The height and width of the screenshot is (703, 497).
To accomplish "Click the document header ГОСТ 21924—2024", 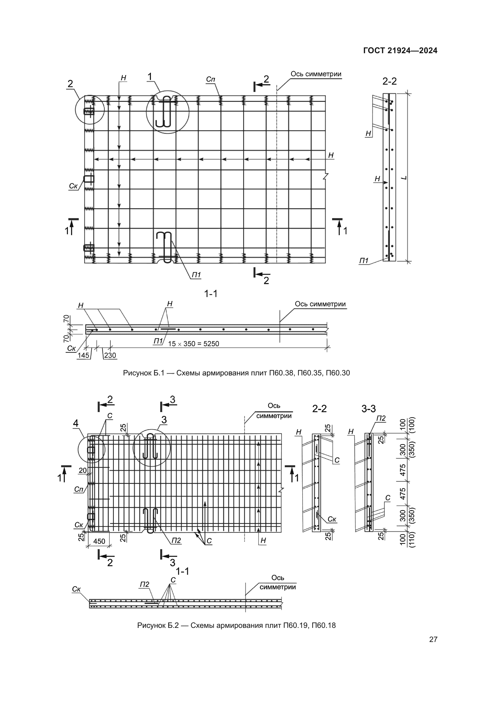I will tap(400, 51).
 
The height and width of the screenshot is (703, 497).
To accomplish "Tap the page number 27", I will tap(433, 640).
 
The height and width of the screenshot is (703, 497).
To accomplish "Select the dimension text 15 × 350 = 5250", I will tap(194, 344).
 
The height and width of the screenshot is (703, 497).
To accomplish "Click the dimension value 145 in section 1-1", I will tap(83, 355).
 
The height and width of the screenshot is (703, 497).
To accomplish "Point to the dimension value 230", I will tap(110, 355).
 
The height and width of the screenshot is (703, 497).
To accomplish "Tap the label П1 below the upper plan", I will tap(196, 275).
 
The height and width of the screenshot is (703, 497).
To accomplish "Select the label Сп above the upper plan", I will tap(211, 79).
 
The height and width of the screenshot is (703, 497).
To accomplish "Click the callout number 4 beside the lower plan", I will tap(76, 423).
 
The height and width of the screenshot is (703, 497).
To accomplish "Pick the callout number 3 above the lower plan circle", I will tap(164, 420).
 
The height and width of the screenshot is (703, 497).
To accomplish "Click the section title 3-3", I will tap(368, 409).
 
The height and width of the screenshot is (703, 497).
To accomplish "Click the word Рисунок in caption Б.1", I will tap(137, 373).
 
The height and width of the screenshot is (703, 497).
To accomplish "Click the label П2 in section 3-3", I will tap(381, 418).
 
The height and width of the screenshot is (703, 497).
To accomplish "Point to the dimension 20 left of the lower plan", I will tap(83, 471).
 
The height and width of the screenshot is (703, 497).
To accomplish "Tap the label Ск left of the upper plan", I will tap(73, 186).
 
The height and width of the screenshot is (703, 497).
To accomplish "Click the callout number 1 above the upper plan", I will tap(150, 77).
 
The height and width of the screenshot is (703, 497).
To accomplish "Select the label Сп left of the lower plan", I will tap(79, 490).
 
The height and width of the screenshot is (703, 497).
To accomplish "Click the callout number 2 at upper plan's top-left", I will tap(70, 84).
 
